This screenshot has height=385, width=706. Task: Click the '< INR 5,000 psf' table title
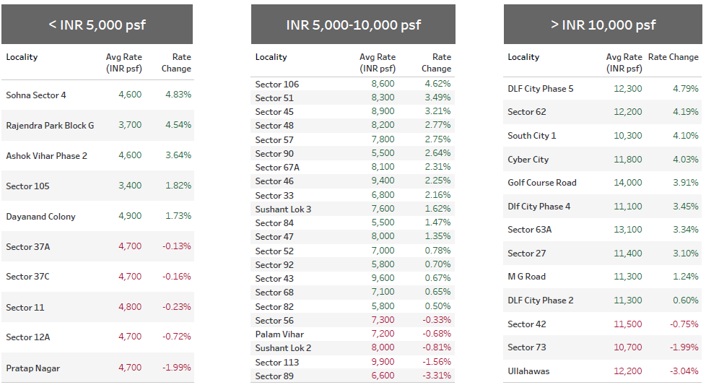(97, 25)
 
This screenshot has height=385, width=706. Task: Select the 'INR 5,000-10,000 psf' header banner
(353, 25)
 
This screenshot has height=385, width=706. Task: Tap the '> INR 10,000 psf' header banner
(603, 25)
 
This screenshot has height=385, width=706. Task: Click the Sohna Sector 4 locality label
(36, 95)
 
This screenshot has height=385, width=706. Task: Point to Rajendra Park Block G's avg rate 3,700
(130, 125)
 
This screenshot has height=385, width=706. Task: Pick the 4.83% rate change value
(178, 95)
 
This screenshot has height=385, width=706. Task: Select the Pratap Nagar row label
(33, 368)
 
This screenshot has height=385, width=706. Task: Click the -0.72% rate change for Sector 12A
(176, 337)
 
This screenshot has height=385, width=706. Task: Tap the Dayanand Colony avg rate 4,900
(130, 216)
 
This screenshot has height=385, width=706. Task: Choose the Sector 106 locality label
(277, 85)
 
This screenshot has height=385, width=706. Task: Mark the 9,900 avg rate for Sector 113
(383, 362)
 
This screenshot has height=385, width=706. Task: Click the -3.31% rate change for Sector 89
(435, 376)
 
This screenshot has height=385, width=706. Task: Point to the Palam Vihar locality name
(279, 334)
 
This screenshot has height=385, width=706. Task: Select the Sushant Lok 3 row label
(283, 209)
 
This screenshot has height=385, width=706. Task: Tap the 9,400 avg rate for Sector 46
(383, 181)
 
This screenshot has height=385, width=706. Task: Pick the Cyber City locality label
(528, 160)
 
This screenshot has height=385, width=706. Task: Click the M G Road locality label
(526, 277)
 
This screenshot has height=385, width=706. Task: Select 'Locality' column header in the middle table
(271, 57)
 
